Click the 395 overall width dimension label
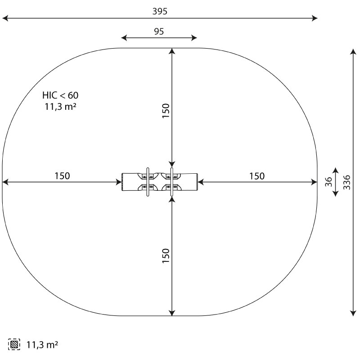click(160, 11)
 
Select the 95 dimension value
click(159, 31)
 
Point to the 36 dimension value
click(328, 182)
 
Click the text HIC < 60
click(60, 95)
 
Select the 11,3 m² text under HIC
click(60, 107)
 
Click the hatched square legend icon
click(14, 344)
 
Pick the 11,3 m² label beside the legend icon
click(42, 345)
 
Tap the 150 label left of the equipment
click(62, 176)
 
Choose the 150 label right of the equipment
click(257, 176)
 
